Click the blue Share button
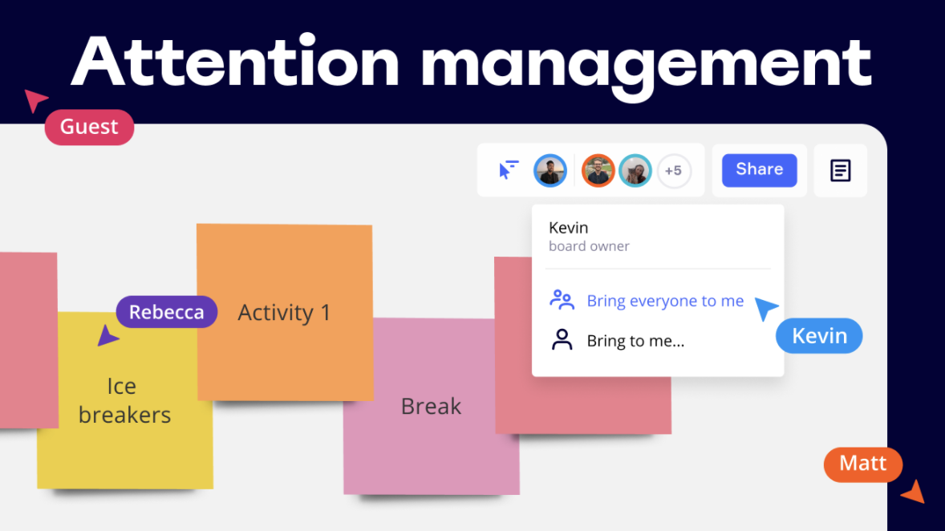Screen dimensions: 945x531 tap(760, 170)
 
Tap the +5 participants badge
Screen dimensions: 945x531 tap(674, 171)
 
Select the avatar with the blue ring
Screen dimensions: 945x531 tap(550, 171)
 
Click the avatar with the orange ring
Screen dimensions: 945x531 tap(598, 171)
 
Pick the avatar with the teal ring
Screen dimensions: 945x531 tap(635, 171)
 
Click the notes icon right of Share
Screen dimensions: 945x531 tap(840, 171)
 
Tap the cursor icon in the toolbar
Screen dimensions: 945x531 tap(508, 170)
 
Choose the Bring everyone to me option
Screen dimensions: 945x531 tap(647, 300)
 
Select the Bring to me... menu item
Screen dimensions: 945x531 tap(617, 340)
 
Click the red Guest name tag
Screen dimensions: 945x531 tap(89, 128)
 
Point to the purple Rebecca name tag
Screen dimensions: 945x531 tap(166, 311)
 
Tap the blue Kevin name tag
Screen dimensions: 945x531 tap(819, 336)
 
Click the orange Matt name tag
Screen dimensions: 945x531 tap(863, 464)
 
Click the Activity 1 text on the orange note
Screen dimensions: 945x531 tap(285, 312)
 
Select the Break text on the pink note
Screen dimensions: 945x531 tap(431, 406)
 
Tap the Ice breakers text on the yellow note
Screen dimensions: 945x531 tap(125, 400)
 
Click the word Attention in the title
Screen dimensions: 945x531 tap(236, 62)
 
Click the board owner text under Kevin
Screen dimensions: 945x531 tap(589, 246)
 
